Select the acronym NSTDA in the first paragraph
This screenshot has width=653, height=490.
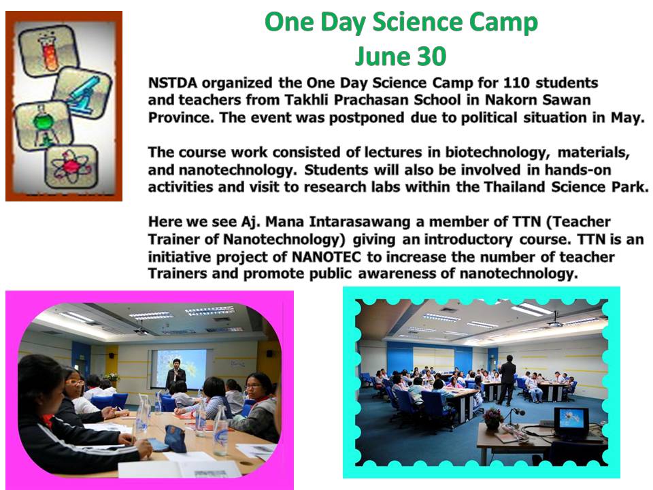pos(172,83)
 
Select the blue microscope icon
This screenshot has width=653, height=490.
pos(82,94)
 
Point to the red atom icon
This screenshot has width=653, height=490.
pos(71,166)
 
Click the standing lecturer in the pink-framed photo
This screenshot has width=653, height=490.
pos(175,374)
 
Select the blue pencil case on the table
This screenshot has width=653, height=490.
pos(175,438)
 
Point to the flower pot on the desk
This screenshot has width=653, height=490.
pos(493,419)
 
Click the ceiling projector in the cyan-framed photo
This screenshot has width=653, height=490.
pos(556,322)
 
